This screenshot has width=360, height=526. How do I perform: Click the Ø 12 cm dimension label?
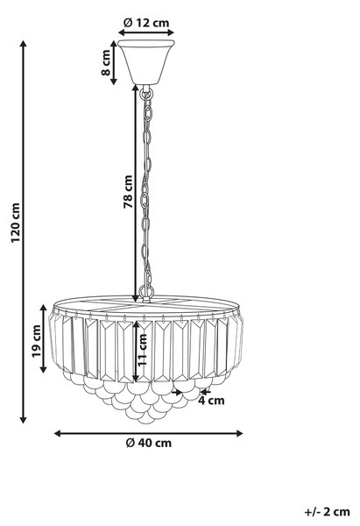pos(146,23)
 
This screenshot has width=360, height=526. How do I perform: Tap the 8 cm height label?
pos(106,62)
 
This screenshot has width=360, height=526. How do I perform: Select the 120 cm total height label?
pos(16,223)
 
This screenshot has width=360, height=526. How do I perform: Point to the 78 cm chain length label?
pos(128,191)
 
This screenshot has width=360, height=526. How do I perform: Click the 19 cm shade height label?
pos(37,341)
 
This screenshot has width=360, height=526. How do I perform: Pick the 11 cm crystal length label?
pos(143,349)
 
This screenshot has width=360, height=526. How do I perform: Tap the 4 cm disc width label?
pos(211,401)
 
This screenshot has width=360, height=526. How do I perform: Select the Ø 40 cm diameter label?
pos(149,443)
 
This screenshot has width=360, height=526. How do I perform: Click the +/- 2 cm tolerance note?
pos(327,512)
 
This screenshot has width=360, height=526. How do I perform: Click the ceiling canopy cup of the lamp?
pos(146,62)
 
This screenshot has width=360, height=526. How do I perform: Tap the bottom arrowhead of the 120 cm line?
pos(23,419)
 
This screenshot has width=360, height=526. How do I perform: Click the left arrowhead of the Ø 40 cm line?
pos(58,433)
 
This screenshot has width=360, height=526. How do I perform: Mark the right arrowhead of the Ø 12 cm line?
pos(170,32)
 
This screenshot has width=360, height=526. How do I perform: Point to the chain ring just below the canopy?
pos(146,94)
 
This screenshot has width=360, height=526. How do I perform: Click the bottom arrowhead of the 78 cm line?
pos(136,298)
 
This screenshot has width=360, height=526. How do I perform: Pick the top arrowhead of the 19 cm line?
pos(44,309)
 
